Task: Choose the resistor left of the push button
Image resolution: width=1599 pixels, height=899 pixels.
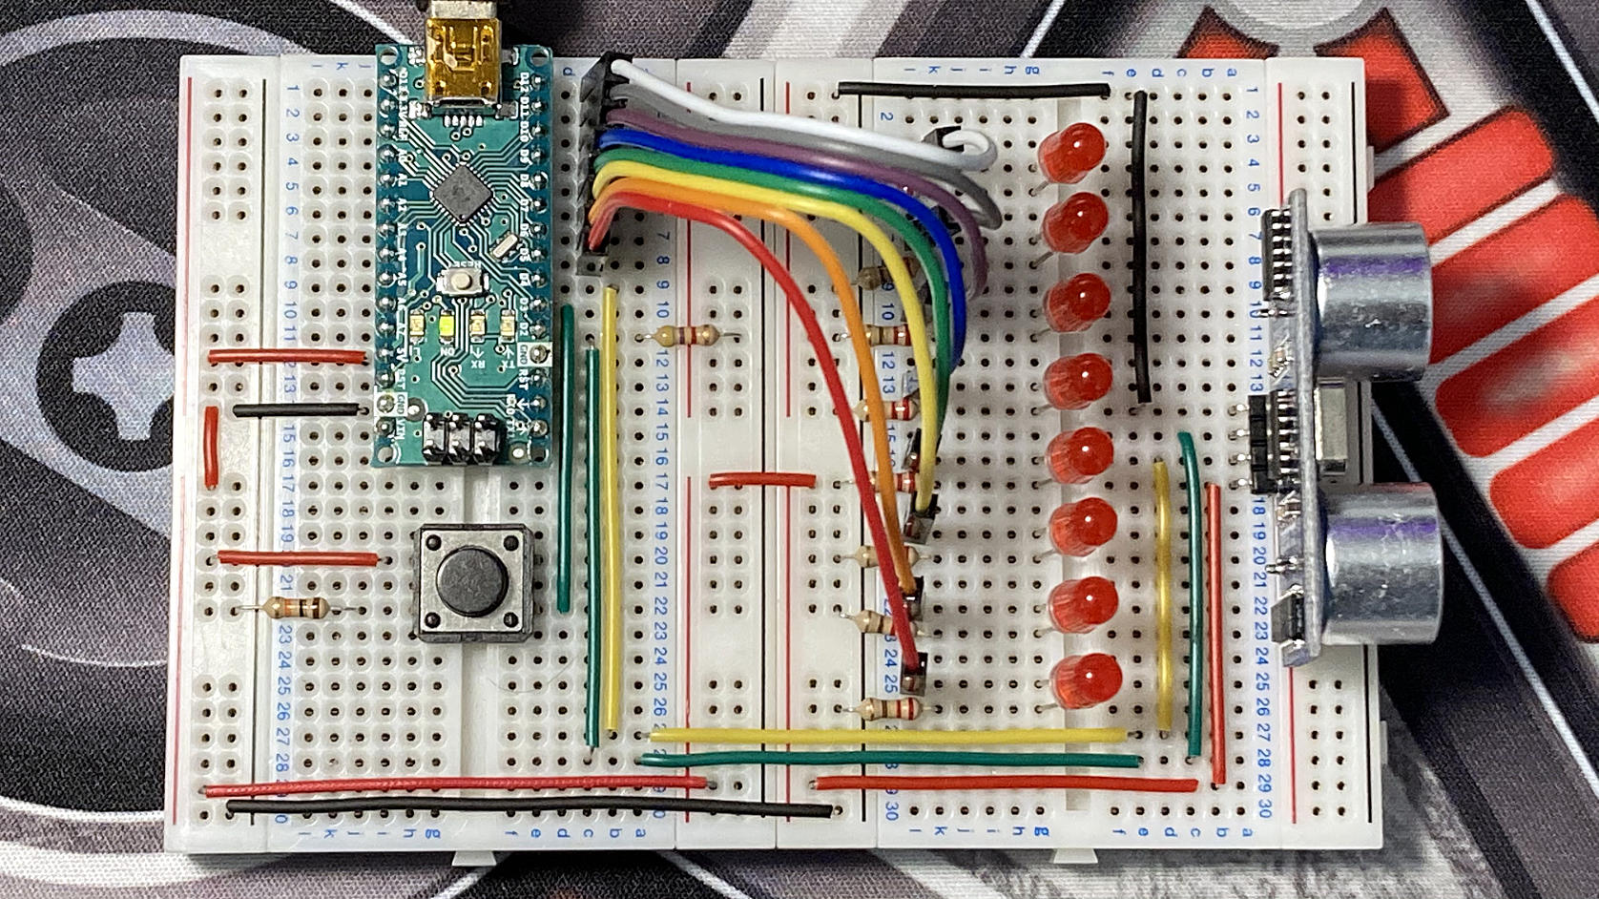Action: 296,607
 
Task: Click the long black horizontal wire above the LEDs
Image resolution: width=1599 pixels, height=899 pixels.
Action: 973,88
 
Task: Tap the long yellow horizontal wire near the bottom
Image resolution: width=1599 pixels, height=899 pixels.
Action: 887,734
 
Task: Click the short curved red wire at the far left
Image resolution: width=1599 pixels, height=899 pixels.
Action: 211,446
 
